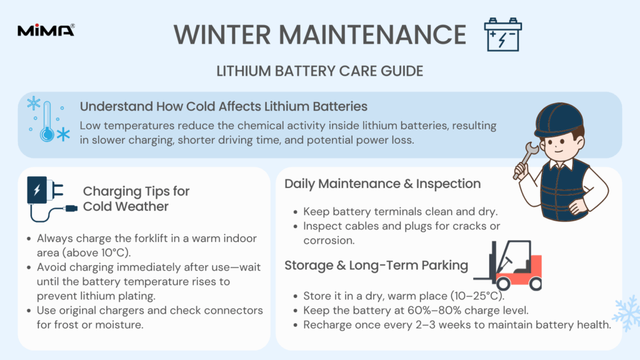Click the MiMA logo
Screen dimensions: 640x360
(x=46, y=30)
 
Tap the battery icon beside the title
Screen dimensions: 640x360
(x=503, y=35)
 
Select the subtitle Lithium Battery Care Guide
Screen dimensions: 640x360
(x=319, y=71)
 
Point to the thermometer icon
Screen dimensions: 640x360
(x=47, y=121)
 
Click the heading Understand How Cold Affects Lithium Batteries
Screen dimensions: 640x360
(x=224, y=106)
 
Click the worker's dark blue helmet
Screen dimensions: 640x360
(x=559, y=119)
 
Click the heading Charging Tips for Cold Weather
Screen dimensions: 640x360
(x=136, y=199)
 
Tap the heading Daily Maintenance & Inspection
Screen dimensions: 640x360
(x=382, y=184)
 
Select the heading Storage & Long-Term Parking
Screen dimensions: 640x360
(x=376, y=265)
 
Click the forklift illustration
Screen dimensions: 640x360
(x=507, y=265)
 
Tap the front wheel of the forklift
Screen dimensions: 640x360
(x=503, y=283)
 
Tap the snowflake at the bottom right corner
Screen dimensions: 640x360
(x=626, y=313)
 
